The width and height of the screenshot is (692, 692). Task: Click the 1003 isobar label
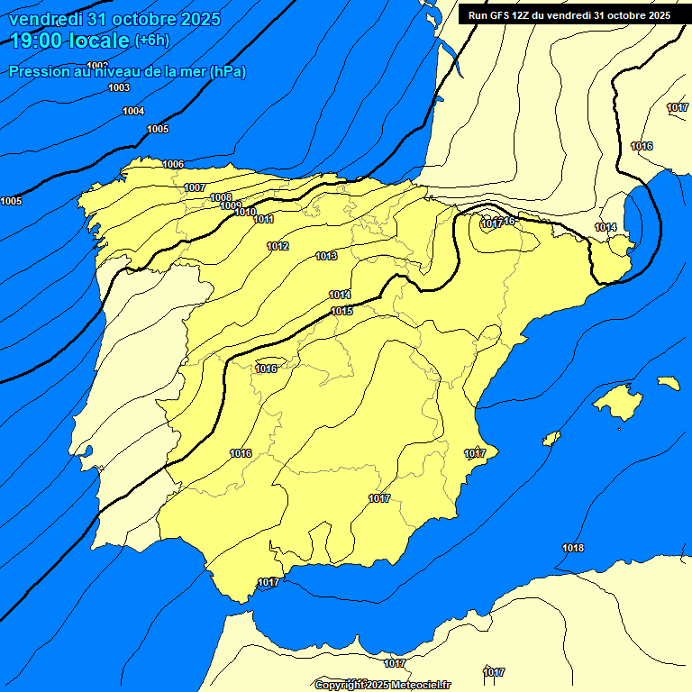(x=118, y=87)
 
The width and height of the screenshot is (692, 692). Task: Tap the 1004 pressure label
(x=133, y=111)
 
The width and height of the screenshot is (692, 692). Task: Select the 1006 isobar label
(x=173, y=164)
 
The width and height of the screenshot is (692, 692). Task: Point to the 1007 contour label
(x=195, y=187)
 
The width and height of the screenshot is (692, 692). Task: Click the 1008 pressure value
(x=221, y=197)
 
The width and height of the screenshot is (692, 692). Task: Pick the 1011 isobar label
(x=263, y=220)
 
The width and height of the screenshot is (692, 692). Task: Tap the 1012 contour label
(x=278, y=247)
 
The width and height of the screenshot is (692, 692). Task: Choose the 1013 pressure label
(x=326, y=257)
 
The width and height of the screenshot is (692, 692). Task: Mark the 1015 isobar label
(x=341, y=312)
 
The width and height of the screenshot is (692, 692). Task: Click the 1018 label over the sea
(x=572, y=549)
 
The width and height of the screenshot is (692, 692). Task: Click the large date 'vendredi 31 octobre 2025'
(x=114, y=19)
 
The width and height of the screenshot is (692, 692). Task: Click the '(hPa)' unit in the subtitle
(x=227, y=72)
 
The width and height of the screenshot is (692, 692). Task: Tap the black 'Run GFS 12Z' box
(x=569, y=14)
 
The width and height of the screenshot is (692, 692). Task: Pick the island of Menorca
(x=668, y=383)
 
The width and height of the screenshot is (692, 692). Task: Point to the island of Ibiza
(x=551, y=439)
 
